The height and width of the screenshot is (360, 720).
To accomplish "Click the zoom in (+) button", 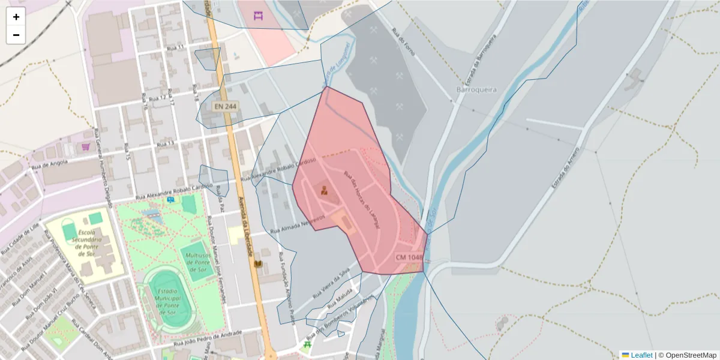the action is [x=16, y=17].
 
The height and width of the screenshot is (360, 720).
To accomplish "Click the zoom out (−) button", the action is [x=16, y=35].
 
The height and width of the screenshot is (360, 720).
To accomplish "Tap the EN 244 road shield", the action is [x=225, y=106].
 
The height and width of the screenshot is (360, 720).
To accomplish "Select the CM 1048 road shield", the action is [x=409, y=257].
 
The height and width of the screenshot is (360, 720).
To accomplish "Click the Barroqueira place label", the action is [x=476, y=89].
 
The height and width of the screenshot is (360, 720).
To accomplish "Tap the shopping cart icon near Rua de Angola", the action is [x=85, y=146].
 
